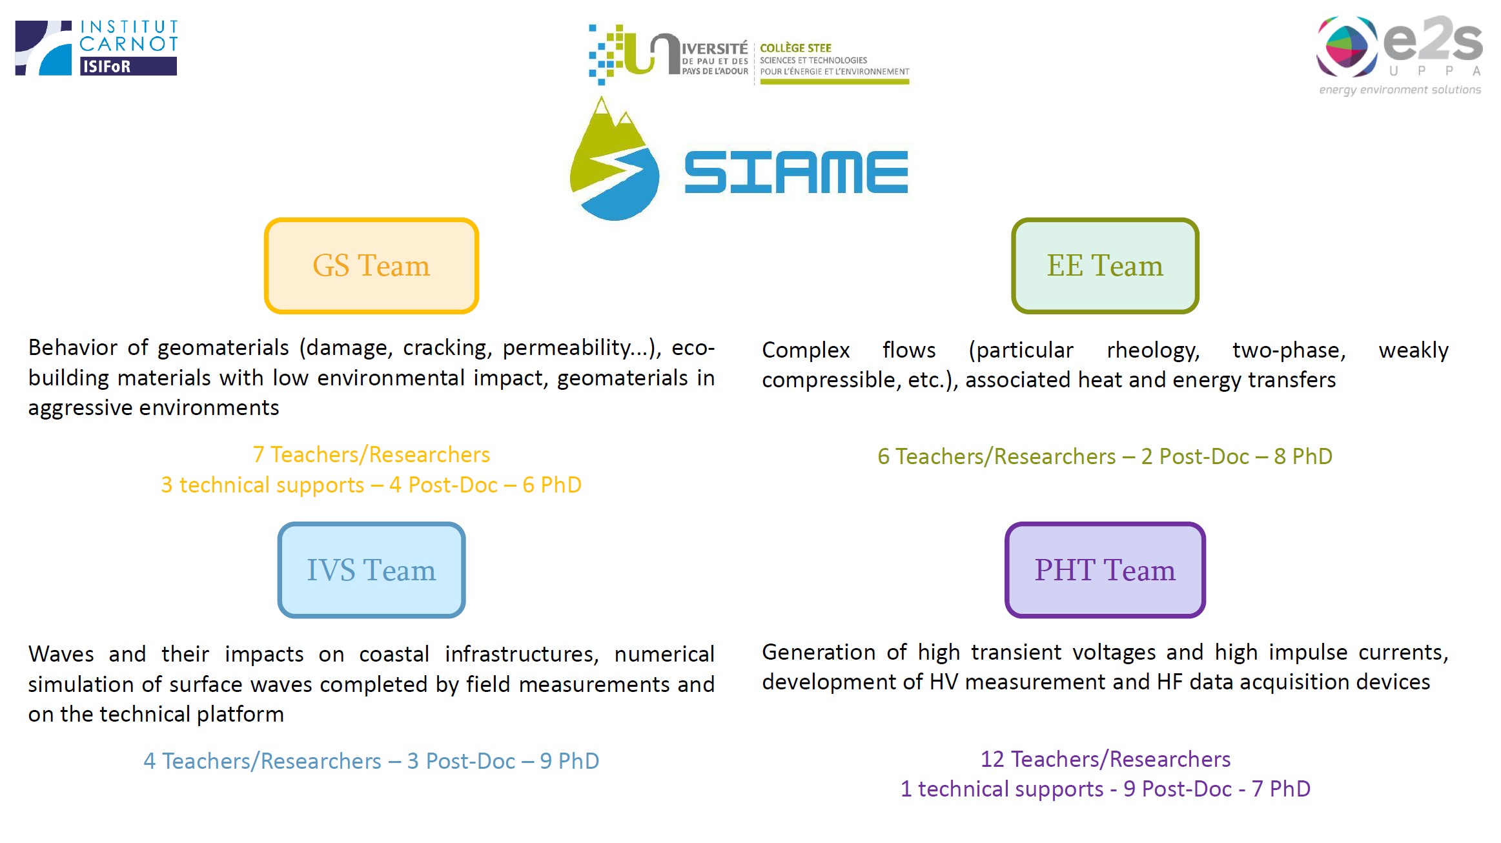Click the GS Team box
point(371,266)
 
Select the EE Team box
point(1105,266)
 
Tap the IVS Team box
point(371,570)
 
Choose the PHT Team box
point(1105,570)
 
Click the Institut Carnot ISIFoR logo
point(96,48)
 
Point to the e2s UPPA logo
point(1400,56)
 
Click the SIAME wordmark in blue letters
point(796,172)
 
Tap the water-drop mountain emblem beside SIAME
point(614,159)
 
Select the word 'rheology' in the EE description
point(1153,350)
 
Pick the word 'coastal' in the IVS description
point(394,655)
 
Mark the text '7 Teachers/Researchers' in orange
point(371,455)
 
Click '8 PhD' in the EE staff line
point(1303,457)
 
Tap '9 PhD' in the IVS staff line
point(569,762)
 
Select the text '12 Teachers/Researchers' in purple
point(1105,760)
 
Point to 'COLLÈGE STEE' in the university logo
point(795,48)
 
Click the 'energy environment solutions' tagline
point(1400,90)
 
